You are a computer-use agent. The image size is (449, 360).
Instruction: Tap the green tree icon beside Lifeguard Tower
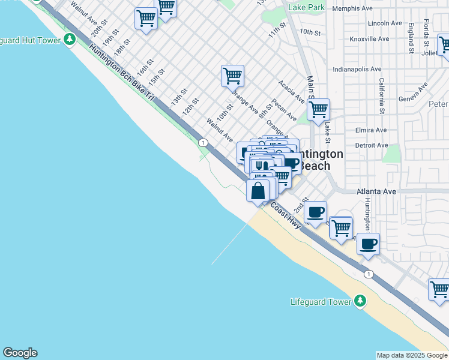pyautogui.click(x=360, y=301)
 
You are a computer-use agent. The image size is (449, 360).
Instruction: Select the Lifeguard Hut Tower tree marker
pyautogui.click(x=70, y=40)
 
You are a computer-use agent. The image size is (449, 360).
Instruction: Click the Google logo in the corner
pyautogui.click(x=20, y=353)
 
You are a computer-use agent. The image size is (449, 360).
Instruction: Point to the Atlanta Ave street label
pyautogui.click(x=376, y=191)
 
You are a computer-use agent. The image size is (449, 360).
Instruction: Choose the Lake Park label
pyautogui.click(x=306, y=7)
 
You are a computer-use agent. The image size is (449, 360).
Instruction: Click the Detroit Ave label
pyautogui.click(x=372, y=145)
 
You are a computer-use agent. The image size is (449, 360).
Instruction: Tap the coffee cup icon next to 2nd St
pyautogui.click(x=316, y=211)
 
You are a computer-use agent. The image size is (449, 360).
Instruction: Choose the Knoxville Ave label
pyautogui.click(x=370, y=38)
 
